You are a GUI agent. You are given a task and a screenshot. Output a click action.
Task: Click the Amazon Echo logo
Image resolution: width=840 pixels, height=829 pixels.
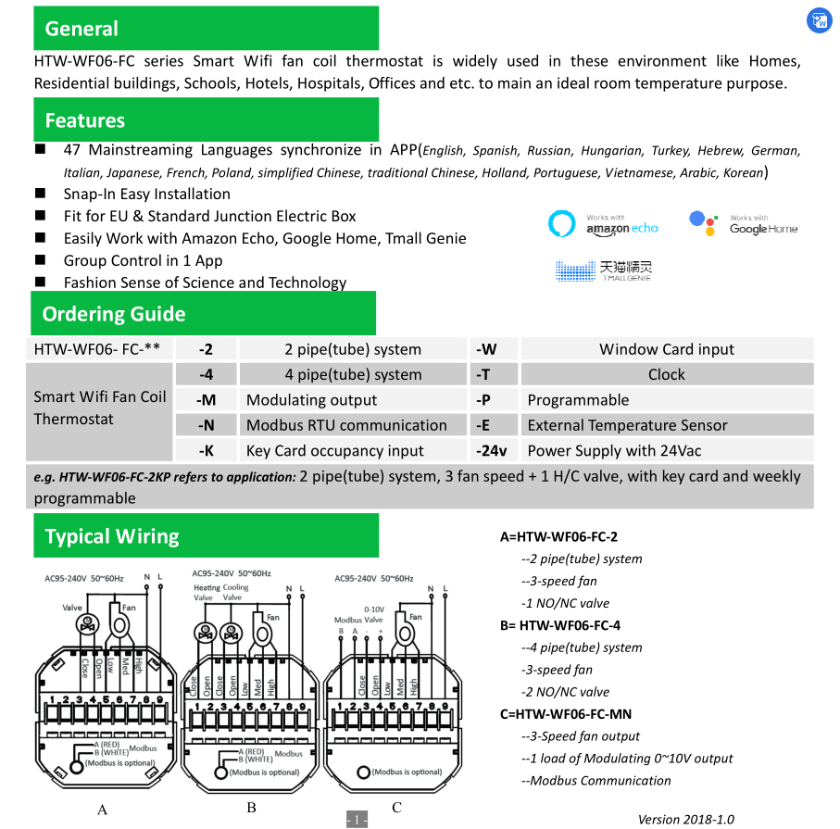pyautogui.click(x=603, y=224)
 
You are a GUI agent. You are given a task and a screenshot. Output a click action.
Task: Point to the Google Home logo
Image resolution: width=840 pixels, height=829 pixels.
pyautogui.click(x=743, y=224)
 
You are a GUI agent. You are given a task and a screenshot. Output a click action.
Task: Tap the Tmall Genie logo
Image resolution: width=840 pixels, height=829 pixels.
pyautogui.click(x=603, y=270)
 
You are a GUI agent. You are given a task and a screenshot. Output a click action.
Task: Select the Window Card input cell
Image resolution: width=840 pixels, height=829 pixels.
pyautogui.click(x=666, y=349)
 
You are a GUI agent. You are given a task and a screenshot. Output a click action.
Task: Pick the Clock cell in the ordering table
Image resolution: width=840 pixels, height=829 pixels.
pyautogui.click(x=666, y=374)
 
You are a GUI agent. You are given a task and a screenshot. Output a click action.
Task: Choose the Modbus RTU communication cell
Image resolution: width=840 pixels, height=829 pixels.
pyautogui.click(x=346, y=425)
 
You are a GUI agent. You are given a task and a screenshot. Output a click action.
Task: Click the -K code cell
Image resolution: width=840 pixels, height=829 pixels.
pyautogui.click(x=206, y=451)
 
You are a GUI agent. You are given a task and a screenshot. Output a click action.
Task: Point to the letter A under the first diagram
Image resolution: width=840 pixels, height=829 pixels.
pyautogui.click(x=102, y=810)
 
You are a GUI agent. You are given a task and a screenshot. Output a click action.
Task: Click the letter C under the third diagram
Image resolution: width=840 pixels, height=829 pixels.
pyautogui.click(x=396, y=808)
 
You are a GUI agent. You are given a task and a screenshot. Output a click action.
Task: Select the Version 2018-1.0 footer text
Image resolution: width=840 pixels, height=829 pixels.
pyautogui.click(x=685, y=819)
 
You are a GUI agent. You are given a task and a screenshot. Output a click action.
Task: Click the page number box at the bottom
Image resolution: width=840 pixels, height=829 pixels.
pyautogui.click(x=357, y=820)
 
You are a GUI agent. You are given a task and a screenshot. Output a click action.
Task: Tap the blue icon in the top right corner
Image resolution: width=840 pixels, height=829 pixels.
pyautogui.click(x=819, y=20)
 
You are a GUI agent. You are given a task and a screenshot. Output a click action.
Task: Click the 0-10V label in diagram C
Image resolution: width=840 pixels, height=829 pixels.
pyautogui.click(x=374, y=609)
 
